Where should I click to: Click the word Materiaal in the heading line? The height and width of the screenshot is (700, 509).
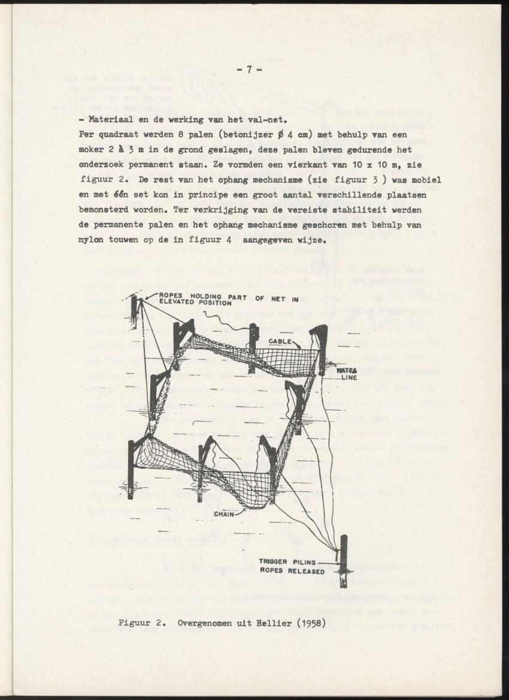click(x=111, y=119)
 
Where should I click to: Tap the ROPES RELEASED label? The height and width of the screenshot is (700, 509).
click(x=292, y=571)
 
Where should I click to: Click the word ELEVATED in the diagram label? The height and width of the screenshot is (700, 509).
click(x=179, y=302)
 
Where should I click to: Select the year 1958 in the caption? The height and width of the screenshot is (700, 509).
click(x=308, y=623)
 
